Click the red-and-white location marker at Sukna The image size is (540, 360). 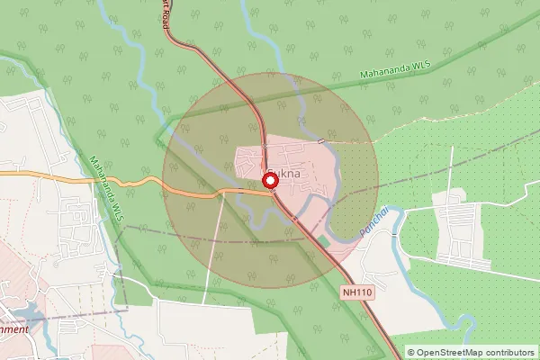click(269, 181)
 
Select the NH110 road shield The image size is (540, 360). click(357, 292)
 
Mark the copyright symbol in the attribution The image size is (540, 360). click(411, 352)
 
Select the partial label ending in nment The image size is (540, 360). click(15, 328)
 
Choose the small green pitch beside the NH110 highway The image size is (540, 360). click(322, 241)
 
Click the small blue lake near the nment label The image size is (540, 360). click(27, 312)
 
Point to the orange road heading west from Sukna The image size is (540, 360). click(135, 183)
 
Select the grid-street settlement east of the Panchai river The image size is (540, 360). click(463, 230)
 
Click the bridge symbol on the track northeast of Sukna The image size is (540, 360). click(321, 141)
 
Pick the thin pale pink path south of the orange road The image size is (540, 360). click(212, 252)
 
